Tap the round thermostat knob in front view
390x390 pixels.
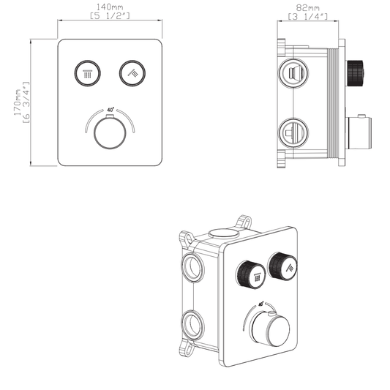click(x=109, y=133)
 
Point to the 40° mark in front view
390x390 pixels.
click(x=110, y=110)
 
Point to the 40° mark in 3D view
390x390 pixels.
click(x=262, y=301)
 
